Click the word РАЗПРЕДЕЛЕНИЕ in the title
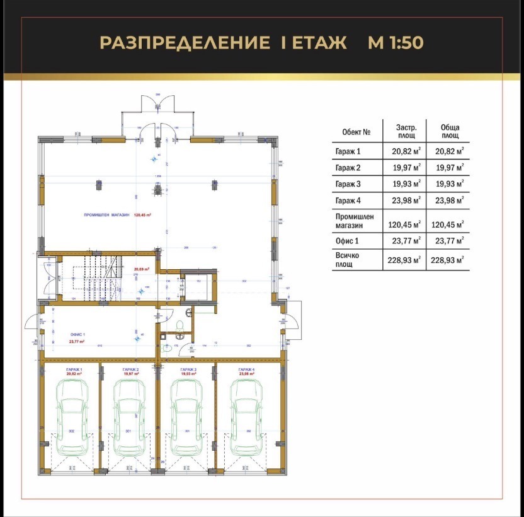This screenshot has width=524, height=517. [x=181, y=43]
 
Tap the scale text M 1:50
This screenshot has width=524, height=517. [x=396, y=43]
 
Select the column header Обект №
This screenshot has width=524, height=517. [x=355, y=132]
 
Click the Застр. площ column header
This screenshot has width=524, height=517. [x=406, y=131]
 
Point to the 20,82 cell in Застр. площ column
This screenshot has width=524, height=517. [x=406, y=151]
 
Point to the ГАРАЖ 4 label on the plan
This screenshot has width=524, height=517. [x=246, y=369]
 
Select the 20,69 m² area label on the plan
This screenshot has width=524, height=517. [x=141, y=269]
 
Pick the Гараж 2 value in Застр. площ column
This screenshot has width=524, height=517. [x=406, y=168]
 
